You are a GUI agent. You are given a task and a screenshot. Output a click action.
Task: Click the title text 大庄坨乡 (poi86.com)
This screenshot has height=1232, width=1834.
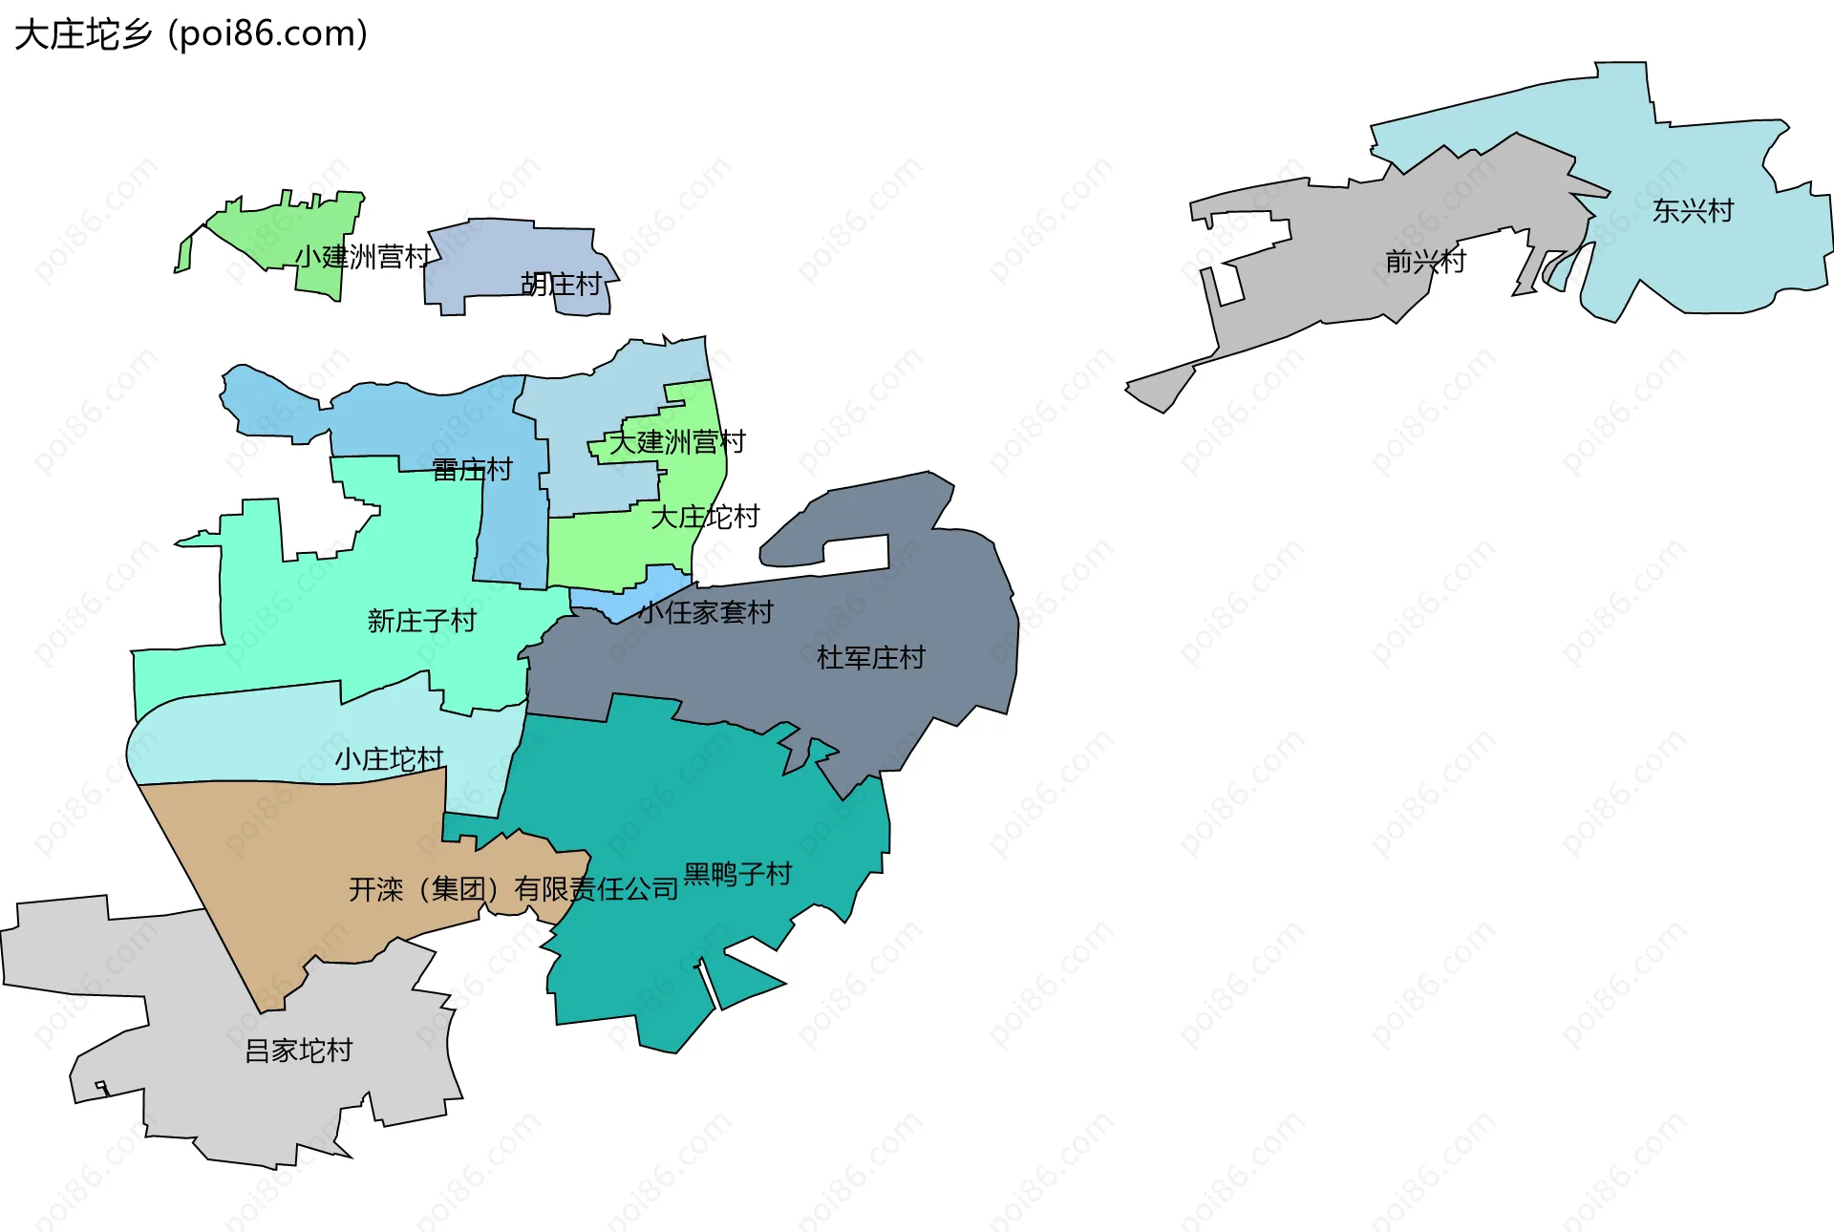coord(191,34)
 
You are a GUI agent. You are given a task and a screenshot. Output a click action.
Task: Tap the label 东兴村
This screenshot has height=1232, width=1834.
coord(1693,211)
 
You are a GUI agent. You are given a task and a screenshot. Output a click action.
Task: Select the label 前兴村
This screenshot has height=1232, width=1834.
coord(1425,261)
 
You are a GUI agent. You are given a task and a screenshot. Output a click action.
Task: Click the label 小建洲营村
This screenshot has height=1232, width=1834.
coord(363,257)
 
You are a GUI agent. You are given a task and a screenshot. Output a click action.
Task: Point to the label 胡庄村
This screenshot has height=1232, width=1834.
coord(561,284)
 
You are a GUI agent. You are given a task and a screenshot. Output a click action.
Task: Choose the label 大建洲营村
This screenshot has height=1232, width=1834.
coord(677,442)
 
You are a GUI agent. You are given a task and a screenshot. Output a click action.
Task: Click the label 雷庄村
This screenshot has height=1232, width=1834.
coord(472,469)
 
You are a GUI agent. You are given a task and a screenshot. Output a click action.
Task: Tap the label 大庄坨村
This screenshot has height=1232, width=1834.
coord(705,517)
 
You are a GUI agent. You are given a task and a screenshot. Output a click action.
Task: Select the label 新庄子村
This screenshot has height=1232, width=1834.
coord(421,621)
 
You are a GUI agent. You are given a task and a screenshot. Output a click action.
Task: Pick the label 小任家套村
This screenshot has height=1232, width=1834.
coord(706,612)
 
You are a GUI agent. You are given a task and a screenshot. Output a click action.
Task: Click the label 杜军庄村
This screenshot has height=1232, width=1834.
coord(870,657)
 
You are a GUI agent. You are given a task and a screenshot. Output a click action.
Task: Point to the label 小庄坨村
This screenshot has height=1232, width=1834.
coord(389,759)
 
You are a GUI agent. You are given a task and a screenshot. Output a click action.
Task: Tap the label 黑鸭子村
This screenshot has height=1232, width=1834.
coord(737,874)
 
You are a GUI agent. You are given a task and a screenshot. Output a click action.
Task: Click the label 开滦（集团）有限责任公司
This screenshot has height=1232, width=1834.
coord(513,889)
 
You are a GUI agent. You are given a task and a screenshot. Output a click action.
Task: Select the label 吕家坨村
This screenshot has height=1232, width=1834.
coord(299,1051)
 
